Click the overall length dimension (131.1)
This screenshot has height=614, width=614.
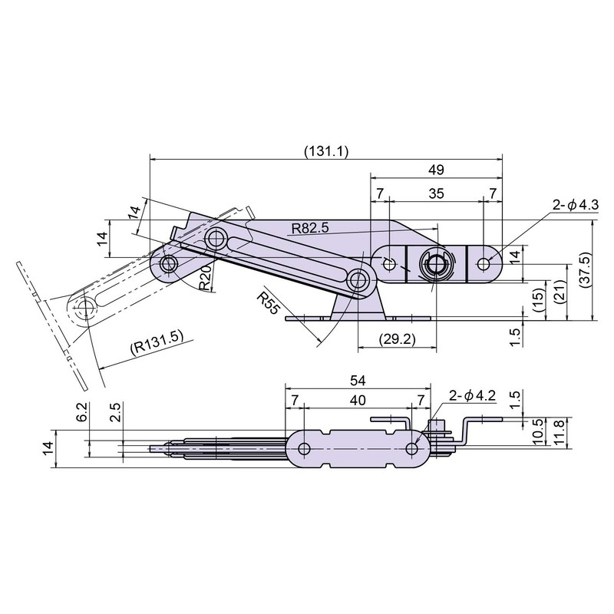click(x=325, y=151)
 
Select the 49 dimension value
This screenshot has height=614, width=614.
click(x=436, y=170)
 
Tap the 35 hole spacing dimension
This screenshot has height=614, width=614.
click(x=436, y=193)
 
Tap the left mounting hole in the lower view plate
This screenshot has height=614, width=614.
click(x=304, y=449)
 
